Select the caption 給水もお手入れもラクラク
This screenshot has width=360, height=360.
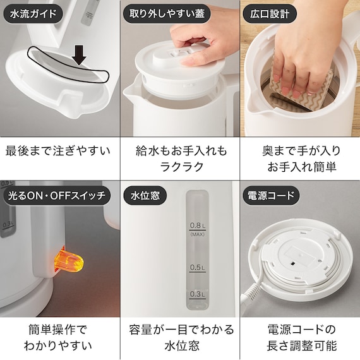tap(179, 160)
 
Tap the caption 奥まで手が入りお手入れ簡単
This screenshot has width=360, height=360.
tap(301, 160)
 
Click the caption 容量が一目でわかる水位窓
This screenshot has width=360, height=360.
tap(179, 337)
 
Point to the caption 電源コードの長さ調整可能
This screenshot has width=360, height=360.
tap(301, 337)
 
